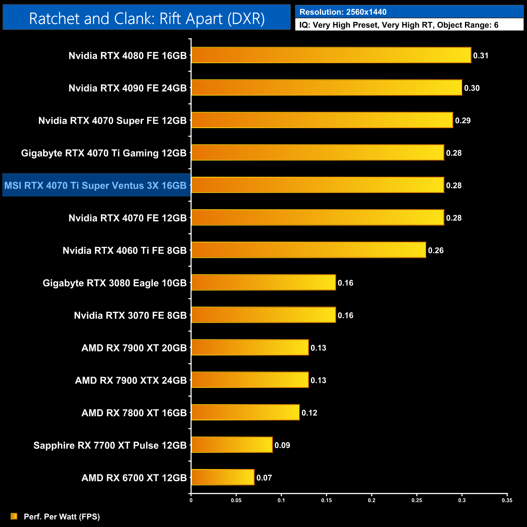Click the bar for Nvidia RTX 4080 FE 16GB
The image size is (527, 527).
pyautogui.click(x=331, y=55)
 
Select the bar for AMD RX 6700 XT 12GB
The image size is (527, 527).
pyautogui.click(x=223, y=477)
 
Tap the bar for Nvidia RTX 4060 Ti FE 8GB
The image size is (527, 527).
pyautogui.click(x=308, y=250)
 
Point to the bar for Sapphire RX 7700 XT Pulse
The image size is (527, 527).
pyautogui.click(x=231, y=445)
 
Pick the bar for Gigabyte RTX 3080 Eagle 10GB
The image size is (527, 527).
pyautogui.click(x=263, y=282)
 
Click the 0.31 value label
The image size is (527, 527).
pyautogui.click(x=481, y=56)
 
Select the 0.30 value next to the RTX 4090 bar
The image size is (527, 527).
pyautogui.click(x=472, y=88)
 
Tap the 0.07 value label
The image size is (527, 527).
pyautogui.click(x=264, y=478)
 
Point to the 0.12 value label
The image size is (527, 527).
pyautogui.click(x=309, y=413)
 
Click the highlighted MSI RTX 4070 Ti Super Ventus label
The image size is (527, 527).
pyautogui.click(x=96, y=185)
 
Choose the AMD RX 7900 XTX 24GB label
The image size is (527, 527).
pyautogui.click(x=131, y=380)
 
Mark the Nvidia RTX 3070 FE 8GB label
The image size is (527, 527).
pyautogui.click(x=130, y=315)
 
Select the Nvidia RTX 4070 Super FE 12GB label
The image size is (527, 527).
pyautogui.click(x=112, y=120)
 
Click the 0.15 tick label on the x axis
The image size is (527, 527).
pyautogui.click(x=326, y=500)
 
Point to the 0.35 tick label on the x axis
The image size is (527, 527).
pyautogui.click(x=507, y=500)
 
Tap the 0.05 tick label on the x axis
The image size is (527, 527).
pyautogui.click(x=236, y=500)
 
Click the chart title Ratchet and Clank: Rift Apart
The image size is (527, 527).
pyautogui.click(x=147, y=18)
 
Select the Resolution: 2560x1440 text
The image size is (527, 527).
pyautogui.click(x=343, y=12)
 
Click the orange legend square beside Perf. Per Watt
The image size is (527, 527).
pyautogui.click(x=14, y=516)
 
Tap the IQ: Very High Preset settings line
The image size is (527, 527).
pyautogui.click(x=399, y=25)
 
